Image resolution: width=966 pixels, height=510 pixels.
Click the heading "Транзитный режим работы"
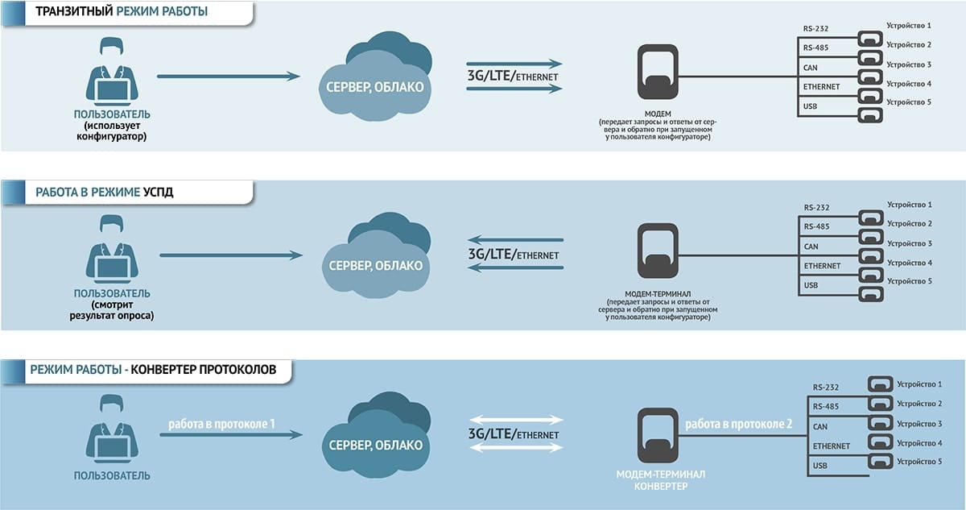click(122, 12)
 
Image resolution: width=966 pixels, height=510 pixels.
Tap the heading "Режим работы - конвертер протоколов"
click(153, 370)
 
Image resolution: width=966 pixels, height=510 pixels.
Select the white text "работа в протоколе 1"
click(222, 424)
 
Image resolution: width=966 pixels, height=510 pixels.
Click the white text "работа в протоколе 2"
click(739, 424)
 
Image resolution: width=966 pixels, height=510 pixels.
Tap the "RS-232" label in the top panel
click(815, 29)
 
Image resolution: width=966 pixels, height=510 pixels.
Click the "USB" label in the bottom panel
click(820, 466)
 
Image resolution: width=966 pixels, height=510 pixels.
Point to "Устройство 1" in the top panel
click(909, 26)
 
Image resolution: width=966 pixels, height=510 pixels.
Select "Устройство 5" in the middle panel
click(909, 281)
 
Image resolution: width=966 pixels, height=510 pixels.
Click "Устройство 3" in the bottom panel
click(919, 423)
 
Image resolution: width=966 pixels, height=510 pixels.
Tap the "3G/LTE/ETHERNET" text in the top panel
click(514, 77)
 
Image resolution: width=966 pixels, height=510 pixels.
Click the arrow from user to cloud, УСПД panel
click(231, 255)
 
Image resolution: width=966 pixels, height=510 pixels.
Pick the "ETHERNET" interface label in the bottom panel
click(832, 446)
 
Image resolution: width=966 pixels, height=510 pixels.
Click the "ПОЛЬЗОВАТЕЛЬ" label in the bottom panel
click(112, 475)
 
